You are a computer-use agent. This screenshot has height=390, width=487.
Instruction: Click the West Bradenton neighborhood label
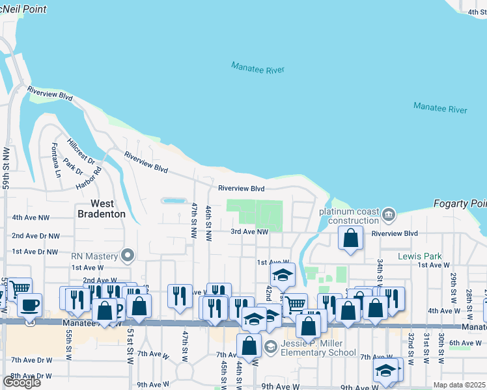pos(101,209)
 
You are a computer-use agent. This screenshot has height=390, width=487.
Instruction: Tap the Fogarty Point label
pos(460,204)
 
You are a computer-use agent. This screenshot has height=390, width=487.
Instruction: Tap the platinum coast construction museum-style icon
pos(389,214)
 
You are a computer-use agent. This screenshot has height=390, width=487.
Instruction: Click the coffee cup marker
pos(29,304)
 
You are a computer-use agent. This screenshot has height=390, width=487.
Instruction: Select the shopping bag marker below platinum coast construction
pos(351,239)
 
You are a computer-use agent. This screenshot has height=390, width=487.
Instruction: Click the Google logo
pos(21,382)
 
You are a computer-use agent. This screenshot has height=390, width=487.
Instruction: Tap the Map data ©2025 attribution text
pos(459,385)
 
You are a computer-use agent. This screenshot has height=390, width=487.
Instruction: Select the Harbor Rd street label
pos(96,179)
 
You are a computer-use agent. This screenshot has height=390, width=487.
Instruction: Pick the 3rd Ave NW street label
pos(249,231)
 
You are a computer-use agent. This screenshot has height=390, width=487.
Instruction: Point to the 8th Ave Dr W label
pos(31,376)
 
